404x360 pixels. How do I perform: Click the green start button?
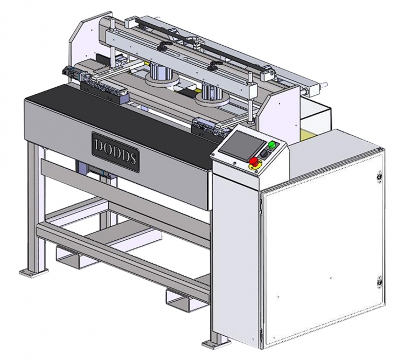click(271, 146)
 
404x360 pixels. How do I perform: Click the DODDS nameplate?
click(116, 152)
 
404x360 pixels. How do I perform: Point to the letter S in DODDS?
click(132, 158)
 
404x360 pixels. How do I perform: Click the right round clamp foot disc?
click(212, 99)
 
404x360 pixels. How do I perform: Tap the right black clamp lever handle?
click(213, 66)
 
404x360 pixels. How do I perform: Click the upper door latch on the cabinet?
click(379, 177)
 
